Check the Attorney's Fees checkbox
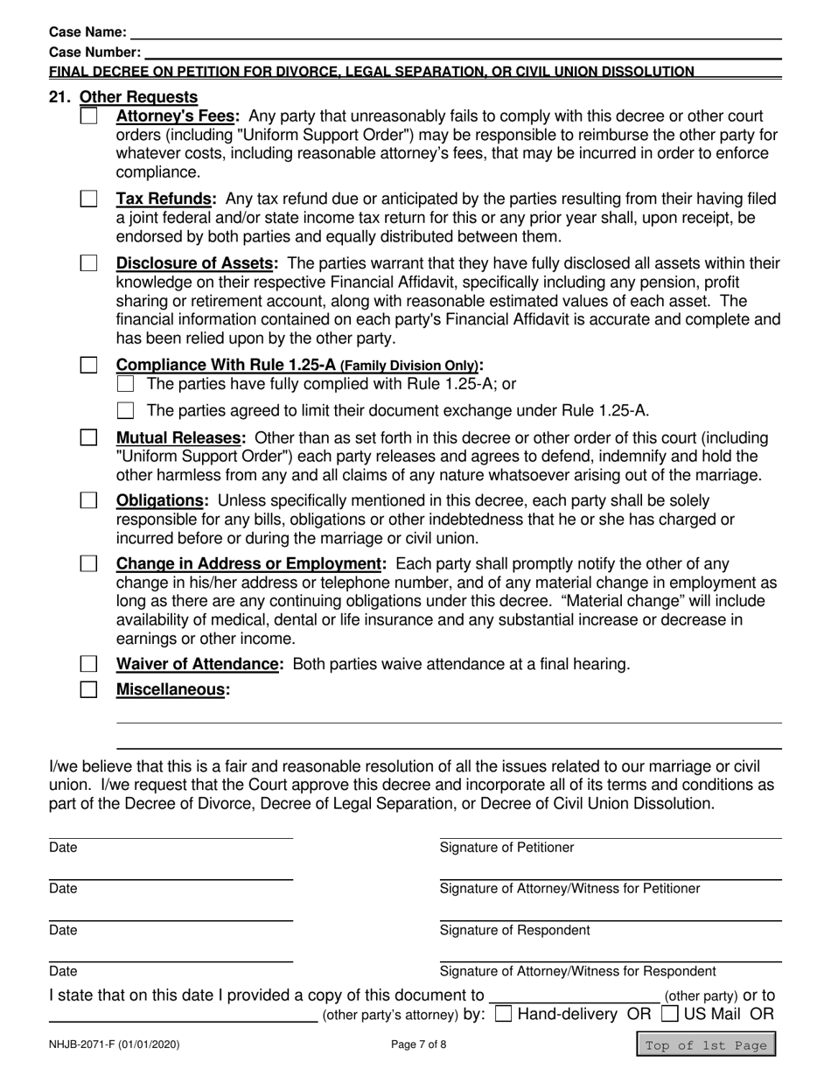(x=89, y=116)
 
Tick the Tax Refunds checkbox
(x=89, y=199)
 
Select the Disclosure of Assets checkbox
(x=89, y=263)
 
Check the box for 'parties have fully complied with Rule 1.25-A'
(x=126, y=384)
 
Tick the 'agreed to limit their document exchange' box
(x=126, y=411)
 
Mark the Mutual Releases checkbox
(x=89, y=437)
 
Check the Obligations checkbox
(x=89, y=500)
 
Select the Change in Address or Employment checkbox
(x=89, y=563)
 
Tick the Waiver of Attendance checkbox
(x=89, y=664)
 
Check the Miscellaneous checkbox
(x=89, y=689)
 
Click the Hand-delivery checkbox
(x=504, y=1015)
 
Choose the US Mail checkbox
(x=671, y=1015)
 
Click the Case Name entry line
(x=455, y=33)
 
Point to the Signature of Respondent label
(x=514, y=930)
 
